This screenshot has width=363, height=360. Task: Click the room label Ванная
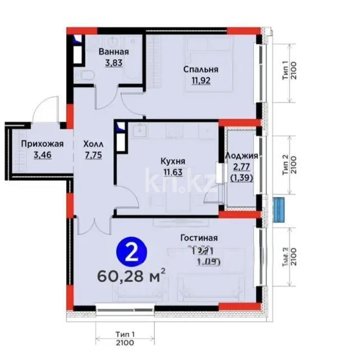pyautogui.click(x=114, y=52)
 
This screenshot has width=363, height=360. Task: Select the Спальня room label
pyautogui.click(x=201, y=70)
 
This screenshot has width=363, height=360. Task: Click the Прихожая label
pyautogui.click(x=43, y=144)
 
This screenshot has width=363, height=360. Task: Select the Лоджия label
pyautogui.click(x=241, y=156)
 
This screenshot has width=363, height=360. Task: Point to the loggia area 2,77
pyautogui.click(x=241, y=167)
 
